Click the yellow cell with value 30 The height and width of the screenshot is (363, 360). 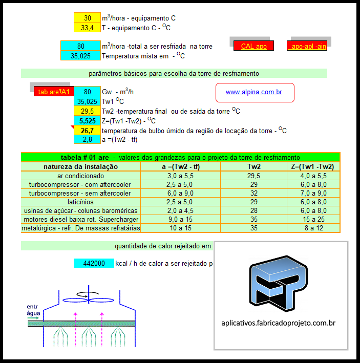point(88,18)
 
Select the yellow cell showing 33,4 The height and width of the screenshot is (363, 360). point(88,27)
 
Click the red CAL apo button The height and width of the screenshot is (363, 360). point(253,46)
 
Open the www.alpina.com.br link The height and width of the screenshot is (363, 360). point(254,92)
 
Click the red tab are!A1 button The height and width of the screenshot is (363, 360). point(53,92)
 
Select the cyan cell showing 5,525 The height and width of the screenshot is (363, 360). point(88,121)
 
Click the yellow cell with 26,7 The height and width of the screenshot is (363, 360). point(88,130)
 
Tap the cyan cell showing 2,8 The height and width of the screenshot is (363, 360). point(88,139)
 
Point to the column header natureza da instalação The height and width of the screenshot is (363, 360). point(80,166)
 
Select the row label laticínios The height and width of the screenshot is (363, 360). point(80,202)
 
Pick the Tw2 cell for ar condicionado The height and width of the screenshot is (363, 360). point(254,176)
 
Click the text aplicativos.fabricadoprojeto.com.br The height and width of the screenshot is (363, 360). point(278,323)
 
